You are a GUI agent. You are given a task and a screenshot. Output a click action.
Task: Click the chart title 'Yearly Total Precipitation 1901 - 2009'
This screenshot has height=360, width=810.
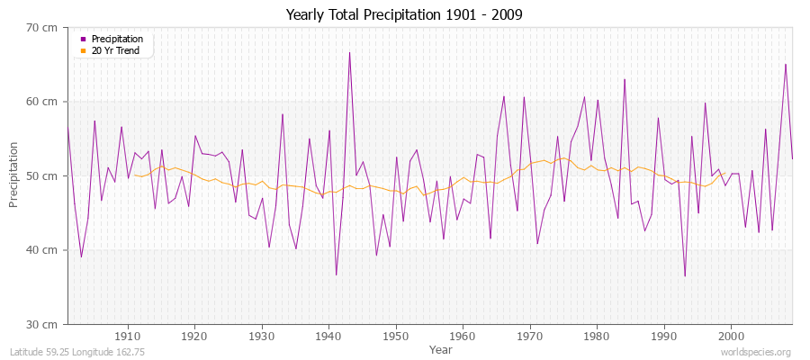coord(404,14)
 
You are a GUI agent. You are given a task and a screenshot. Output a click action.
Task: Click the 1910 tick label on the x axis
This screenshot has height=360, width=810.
coord(128,335)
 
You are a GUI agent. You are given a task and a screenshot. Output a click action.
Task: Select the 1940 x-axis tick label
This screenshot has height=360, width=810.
coord(328,335)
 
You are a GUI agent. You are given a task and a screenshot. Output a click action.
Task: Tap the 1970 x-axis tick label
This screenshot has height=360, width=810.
coord(530,335)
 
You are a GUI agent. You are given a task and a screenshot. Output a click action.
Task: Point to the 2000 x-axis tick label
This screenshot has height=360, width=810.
coord(731,335)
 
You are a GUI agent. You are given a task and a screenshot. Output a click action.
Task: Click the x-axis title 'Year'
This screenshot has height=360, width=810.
coord(441,349)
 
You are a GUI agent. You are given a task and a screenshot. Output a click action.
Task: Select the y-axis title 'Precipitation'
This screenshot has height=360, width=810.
coord(13,175)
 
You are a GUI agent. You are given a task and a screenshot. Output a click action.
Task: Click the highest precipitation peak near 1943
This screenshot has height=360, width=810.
coord(349,52)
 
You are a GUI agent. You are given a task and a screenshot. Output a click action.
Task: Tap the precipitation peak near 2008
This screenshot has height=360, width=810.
coord(786,64)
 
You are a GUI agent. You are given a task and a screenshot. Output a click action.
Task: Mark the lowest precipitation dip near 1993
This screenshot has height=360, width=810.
coord(685,275)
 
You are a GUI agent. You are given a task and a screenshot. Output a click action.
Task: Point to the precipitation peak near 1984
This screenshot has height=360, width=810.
coord(625,79)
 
